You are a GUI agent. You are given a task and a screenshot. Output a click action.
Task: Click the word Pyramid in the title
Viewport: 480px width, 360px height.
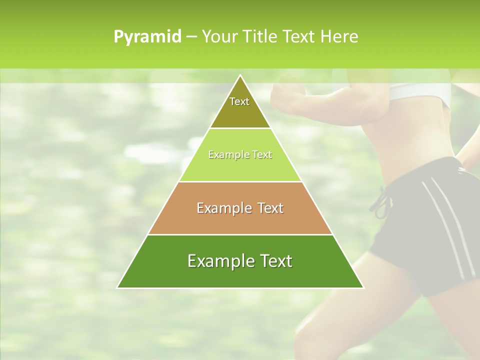coord(147,37)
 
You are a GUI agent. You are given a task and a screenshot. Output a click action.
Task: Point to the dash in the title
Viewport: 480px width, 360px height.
coord(191,37)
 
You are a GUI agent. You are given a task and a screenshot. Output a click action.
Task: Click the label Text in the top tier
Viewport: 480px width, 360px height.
coord(239,101)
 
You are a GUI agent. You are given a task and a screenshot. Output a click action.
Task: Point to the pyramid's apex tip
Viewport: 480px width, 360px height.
coord(240,76)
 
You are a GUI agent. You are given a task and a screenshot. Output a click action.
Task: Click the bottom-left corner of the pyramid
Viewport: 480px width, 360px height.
coord(118,287)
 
